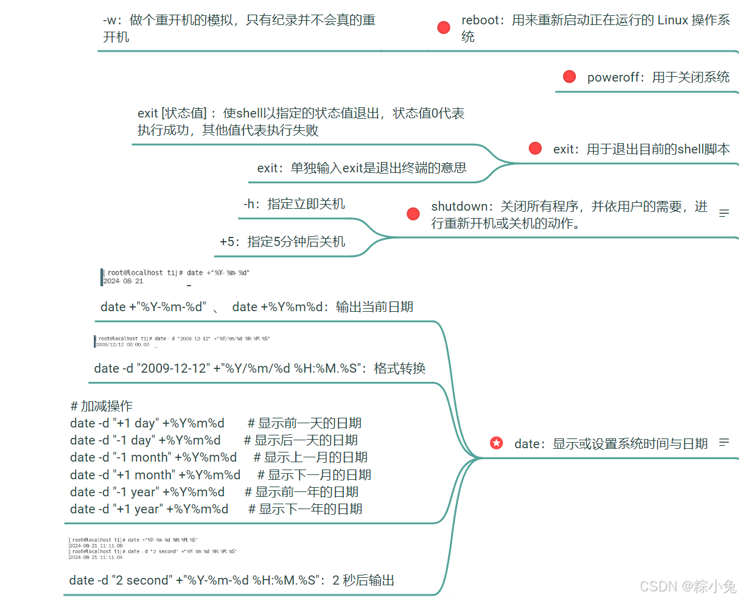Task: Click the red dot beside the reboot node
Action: point(444,27)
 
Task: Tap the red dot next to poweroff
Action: point(569,76)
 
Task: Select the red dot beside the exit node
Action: point(535,148)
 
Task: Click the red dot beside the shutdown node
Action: point(413,214)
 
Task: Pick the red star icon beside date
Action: point(497,443)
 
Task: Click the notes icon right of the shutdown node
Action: point(724,213)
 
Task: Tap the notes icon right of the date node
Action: point(724,443)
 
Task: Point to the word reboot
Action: point(480,20)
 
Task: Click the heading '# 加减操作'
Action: point(101,406)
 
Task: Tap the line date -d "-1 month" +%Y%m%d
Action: point(153,457)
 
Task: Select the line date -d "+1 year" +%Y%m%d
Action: point(149,509)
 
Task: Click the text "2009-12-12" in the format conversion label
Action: point(173,368)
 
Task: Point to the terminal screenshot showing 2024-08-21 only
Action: point(176,277)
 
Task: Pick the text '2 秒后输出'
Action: point(363,580)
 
